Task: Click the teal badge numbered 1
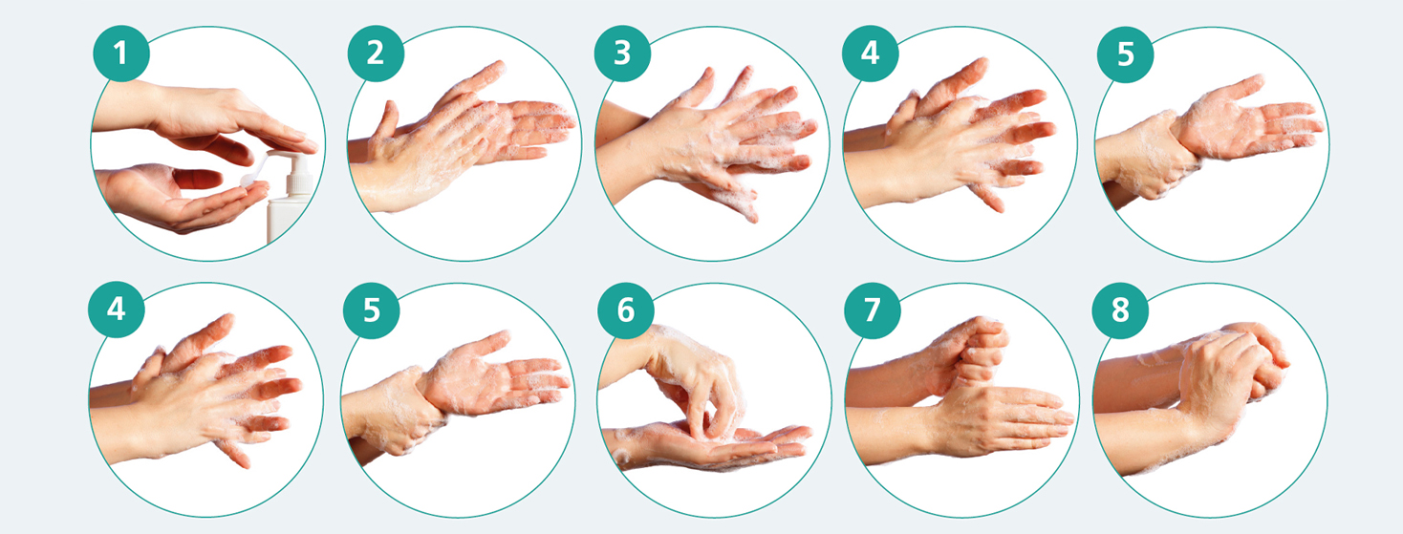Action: pyautogui.click(x=120, y=53)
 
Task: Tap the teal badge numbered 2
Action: pyautogui.click(x=376, y=53)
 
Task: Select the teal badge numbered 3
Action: pyautogui.click(x=622, y=53)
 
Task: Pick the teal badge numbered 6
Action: pyautogui.click(x=626, y=310)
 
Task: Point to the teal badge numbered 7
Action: pyautogui.click(x=873, y=310)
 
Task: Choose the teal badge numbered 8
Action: pyautogui.click(x=1120, y=310)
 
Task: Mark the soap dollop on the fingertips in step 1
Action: pyautogui.click(x=248, y=181)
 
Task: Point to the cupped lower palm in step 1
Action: pyautogui.click(x=182, y=197)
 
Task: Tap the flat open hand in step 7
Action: pyautogui.click(x=1003, y=419)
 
